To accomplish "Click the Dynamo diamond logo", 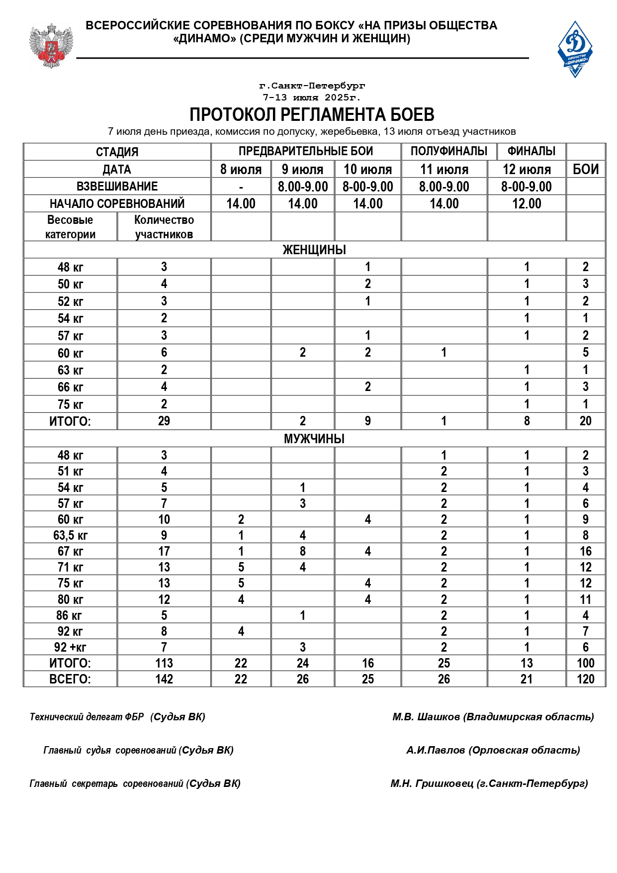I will pyautogui.click(x=575, y=49).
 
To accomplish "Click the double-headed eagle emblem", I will pyautogui.click(x=51, y=46).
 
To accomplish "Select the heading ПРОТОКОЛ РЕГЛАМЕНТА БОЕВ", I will pyautogui.click(x=312, y=114).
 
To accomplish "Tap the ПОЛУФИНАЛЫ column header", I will pyautogui.click(x=448, y=151).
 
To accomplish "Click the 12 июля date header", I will pyautogui.click(x=527, y=170).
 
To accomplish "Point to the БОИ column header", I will pyautogui.click(x=585, y=169).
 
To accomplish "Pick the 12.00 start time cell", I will pyautogui.click(x=527, y=203).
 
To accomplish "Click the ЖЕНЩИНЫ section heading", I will pyautogui.click(x=314, y=250).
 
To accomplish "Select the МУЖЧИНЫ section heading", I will pyautogui.click(x=314, y=439).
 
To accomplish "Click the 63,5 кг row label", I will pyautogui.click(x=70, y=535).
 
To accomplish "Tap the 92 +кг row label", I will pyautogui.click(x=70, y=647).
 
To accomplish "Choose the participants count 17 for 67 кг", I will pyautogui.click(x=164, y=551).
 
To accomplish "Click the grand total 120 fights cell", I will pyautogui.click(x=585, y=679).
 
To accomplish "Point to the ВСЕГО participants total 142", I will pyautogui.click(x=164, y=679).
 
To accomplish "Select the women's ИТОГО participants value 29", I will pyautogui.click(x=164, y=421).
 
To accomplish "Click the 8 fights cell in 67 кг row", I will pyautogui.click(x=303, y=551).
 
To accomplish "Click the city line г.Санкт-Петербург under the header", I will pyautogui.click(x=312, y=86).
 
